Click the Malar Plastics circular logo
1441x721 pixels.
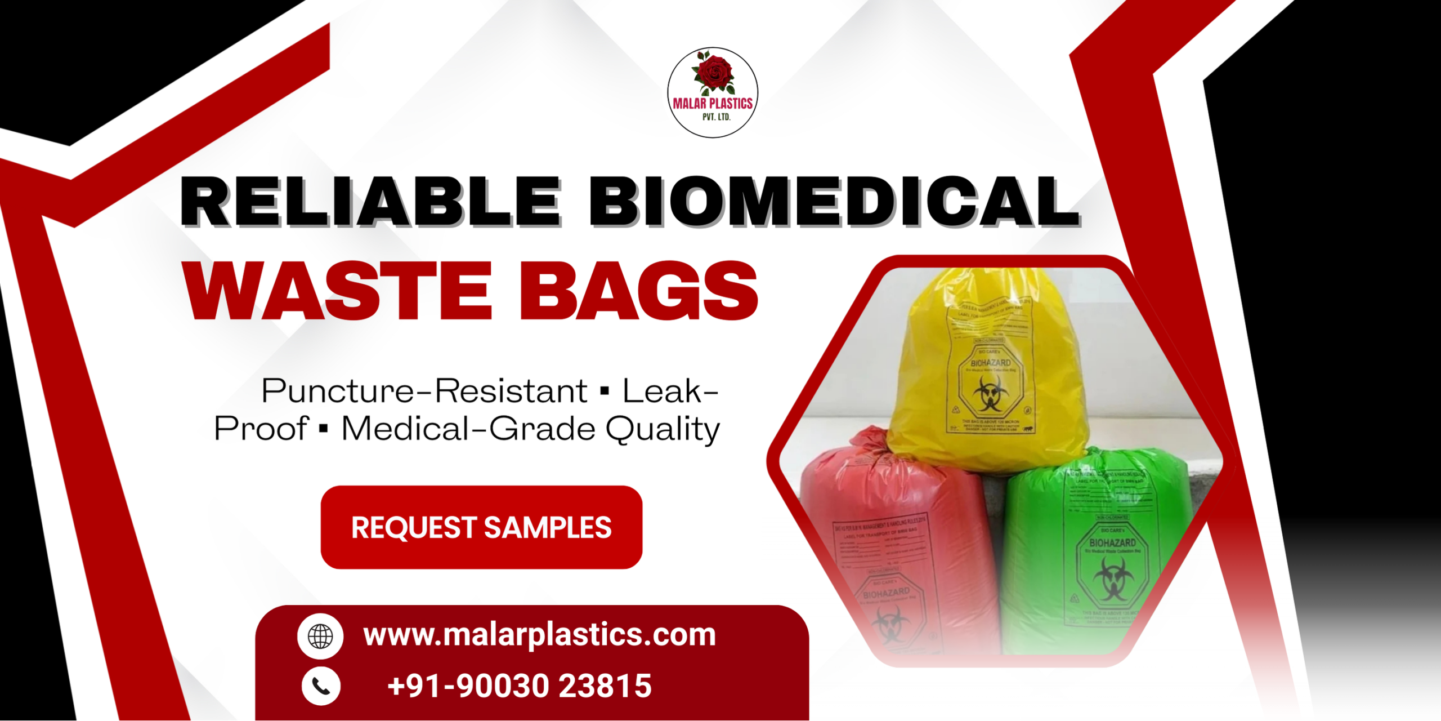[713, 92]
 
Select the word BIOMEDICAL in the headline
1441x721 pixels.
[833, 201]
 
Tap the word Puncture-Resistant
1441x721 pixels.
[425, 391]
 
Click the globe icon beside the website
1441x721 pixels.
[320, 637]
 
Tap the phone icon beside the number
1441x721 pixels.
[321, 686]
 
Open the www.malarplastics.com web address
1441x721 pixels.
[539, 635]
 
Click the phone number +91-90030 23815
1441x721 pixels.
[519, 686]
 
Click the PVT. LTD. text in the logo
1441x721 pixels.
[716, 117]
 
